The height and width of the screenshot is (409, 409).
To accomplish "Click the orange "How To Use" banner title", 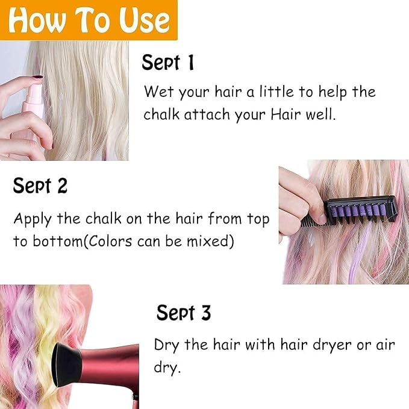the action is coord(89,20).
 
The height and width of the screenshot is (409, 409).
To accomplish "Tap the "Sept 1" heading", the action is coord(168,62).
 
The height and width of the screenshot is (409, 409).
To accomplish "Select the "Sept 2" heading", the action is coord(40,186).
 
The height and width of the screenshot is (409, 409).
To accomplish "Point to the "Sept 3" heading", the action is coord(184,312).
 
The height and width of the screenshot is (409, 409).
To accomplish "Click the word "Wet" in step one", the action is coord(159,92).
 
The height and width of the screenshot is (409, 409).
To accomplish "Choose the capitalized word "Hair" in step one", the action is coord(286,114).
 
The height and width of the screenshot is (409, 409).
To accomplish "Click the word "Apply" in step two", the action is coord(33,219).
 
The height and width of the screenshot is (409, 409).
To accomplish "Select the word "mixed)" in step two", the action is coord(210,241).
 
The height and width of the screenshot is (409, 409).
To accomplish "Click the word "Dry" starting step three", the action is coord(166,345).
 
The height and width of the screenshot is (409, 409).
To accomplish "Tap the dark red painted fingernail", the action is coord(38,77).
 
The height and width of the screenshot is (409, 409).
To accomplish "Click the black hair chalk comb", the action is coord(349,211).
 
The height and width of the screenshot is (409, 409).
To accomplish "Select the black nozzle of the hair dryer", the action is coord(66,365).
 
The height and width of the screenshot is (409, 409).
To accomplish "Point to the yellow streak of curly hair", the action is coord(48,339).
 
